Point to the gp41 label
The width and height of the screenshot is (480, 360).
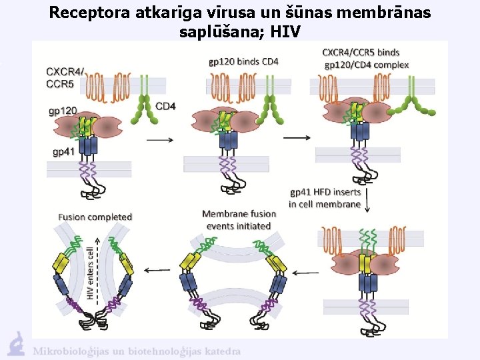click(x=64, y=151)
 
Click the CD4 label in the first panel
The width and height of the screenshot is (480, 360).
click(x=166, y=106)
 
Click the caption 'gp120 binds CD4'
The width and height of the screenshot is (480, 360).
click(x=243, y=61)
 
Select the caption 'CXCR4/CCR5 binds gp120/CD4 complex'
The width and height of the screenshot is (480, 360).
click(x=365, y=59)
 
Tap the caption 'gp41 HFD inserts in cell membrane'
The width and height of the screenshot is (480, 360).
click(x=325, y=198)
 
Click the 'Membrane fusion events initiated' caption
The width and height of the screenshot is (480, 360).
click(x=239, y=219)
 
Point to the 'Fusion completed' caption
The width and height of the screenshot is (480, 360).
click(x=95, y=217)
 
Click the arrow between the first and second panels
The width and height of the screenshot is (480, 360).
click(x=157, y=140)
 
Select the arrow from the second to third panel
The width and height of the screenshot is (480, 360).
click(x=297, y=137)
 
